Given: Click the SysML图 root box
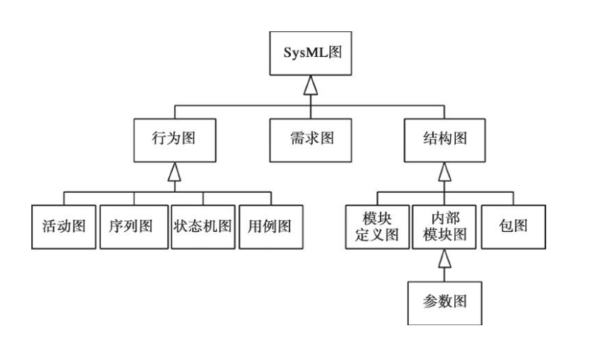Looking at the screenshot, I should coord(310,54).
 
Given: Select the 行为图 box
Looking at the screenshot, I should coord(174,138).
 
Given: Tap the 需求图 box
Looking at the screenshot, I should coord(310,138).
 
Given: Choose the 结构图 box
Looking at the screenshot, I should coord(445,138).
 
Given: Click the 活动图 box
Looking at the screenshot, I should coord(64,227).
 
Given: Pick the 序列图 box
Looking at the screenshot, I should coord(133,227).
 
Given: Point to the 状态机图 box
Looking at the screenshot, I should coord(203,227).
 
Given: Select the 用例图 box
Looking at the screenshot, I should coord(270,227).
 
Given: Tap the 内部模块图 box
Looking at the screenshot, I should coord(445,227).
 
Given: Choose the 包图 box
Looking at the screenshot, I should coord(513,227).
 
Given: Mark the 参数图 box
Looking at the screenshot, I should coord(445,302).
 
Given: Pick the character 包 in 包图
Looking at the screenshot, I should coord(507,227).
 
